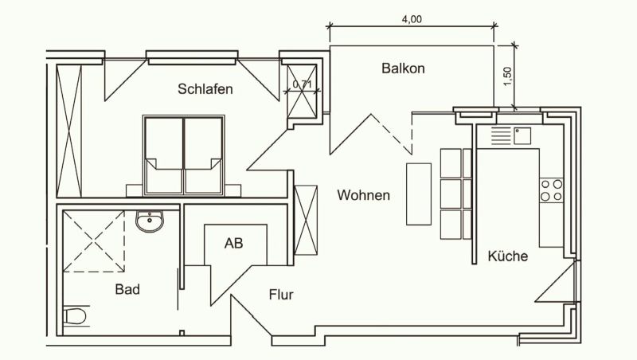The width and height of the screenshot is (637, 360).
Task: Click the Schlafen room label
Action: pyautogui.click(x=205, y=89)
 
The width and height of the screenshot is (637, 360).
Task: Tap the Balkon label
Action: pyautogui.click(x=403, y=68)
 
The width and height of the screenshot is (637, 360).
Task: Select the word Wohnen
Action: pyautogui.click(x=364, y=195)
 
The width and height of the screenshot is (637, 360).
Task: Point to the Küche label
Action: pyautogui.click(x=508, y=256)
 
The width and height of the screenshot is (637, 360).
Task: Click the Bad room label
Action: pyautogui.click(x=127, y=289)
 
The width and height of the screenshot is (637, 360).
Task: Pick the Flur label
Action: pyautogui.click(x=281, y=295)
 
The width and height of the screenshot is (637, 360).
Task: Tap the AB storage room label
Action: pyautogui.click(x=233, y=243)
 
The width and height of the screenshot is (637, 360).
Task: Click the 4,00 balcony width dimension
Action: pyautogui.click(x=412, y=19)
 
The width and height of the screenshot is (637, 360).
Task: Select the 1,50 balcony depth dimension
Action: pyautogui.click(x=507, y=76)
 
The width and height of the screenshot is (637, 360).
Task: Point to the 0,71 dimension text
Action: pyautogui.click(x=303, y=84)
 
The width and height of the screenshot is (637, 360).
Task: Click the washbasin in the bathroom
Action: pyautogui.click(x=150, y=221)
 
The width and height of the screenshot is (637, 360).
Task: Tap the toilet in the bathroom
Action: pyautogui.click(x=76, y=315)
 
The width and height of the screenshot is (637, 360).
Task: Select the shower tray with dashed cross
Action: pyautogui.click(x=94, y=241)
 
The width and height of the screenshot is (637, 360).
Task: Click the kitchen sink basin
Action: pyautogui.click(x=522, y=135)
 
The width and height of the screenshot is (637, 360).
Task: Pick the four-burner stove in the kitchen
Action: pyautogui.click(x=551, y=190)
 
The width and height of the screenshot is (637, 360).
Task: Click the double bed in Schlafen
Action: pyautogui.click(x=184, y=155)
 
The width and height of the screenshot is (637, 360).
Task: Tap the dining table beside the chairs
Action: pyautogui.click(x=419, y=194)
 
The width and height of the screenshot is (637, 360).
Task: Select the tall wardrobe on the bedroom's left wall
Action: pyautogui.click(x=69, y=131)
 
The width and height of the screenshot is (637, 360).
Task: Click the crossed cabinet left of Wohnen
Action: pyautogui.click(x=306, y=221)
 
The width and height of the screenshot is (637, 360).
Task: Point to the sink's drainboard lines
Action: pyautogui.click(x=501, y=135)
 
